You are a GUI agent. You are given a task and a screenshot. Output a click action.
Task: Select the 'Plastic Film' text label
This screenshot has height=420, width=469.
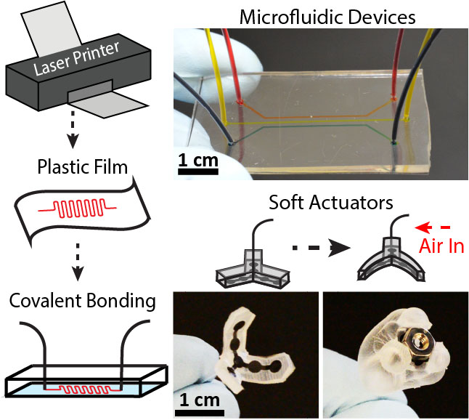coord(75,169)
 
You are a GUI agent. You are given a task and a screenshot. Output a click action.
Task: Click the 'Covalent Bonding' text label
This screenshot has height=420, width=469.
coord(74,301)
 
